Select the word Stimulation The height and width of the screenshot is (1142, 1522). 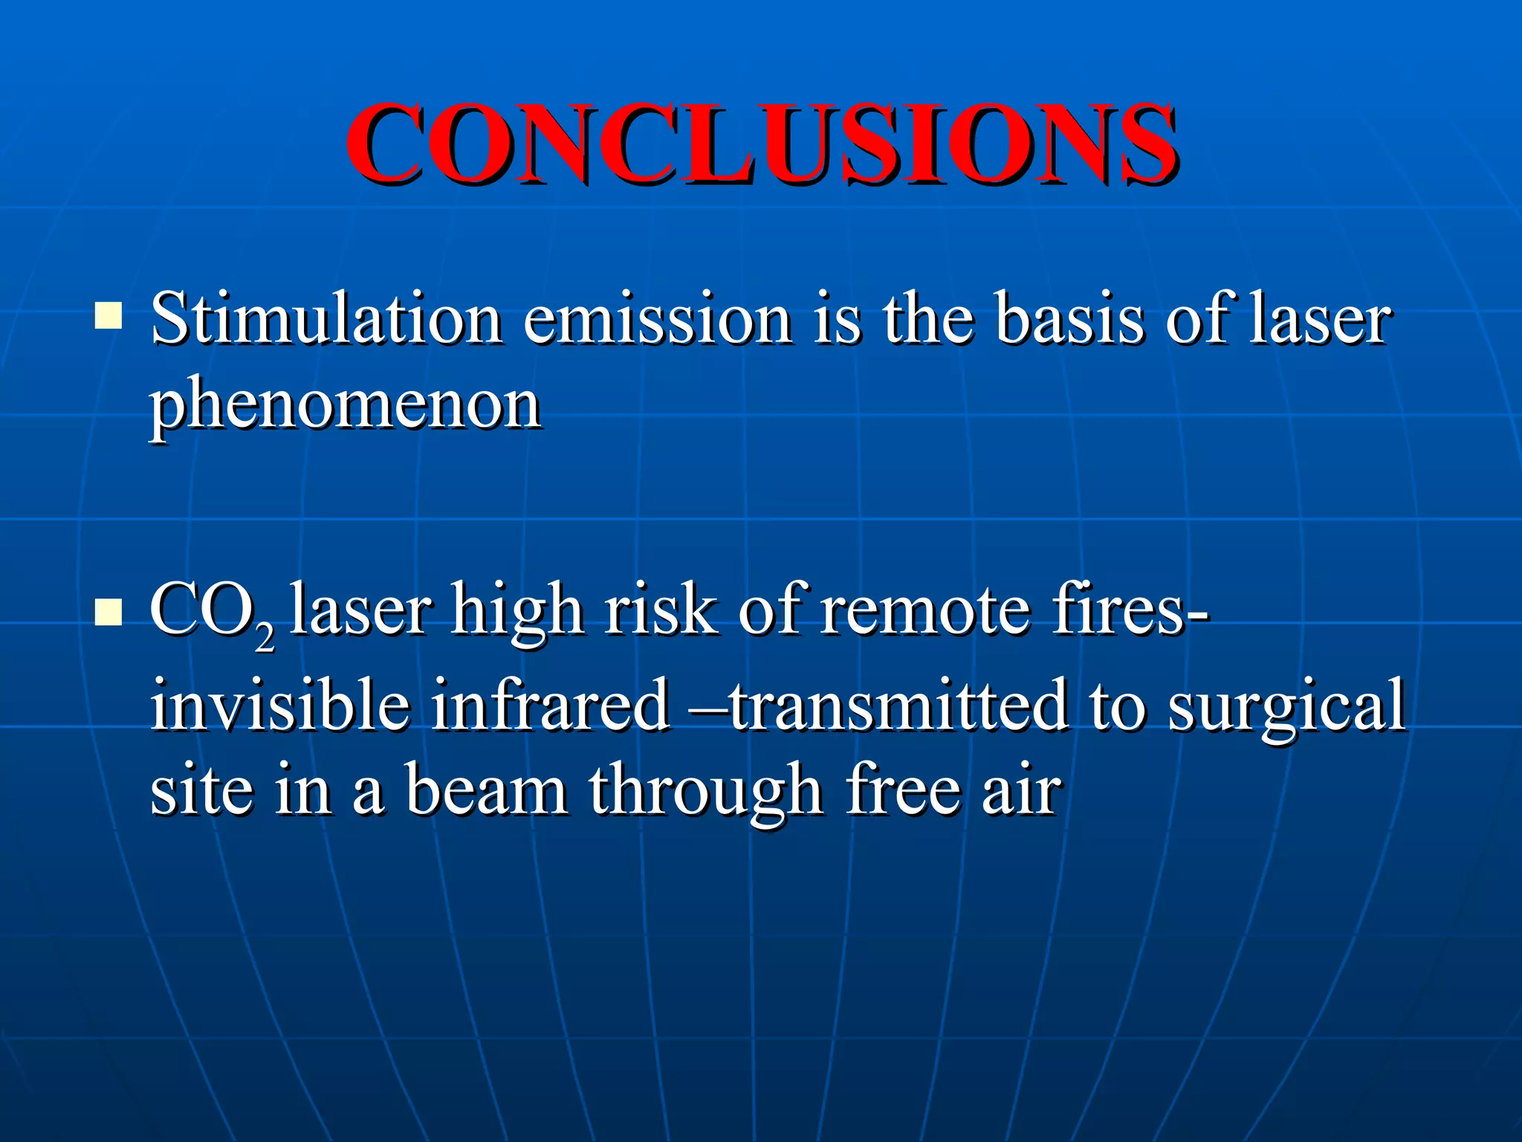point(326,320)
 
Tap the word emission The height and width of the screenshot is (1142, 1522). point(657,320)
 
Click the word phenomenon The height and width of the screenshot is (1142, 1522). point(345,407)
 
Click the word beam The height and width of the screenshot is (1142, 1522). point(487,790)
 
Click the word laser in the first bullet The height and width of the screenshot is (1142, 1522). point(1319,320)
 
